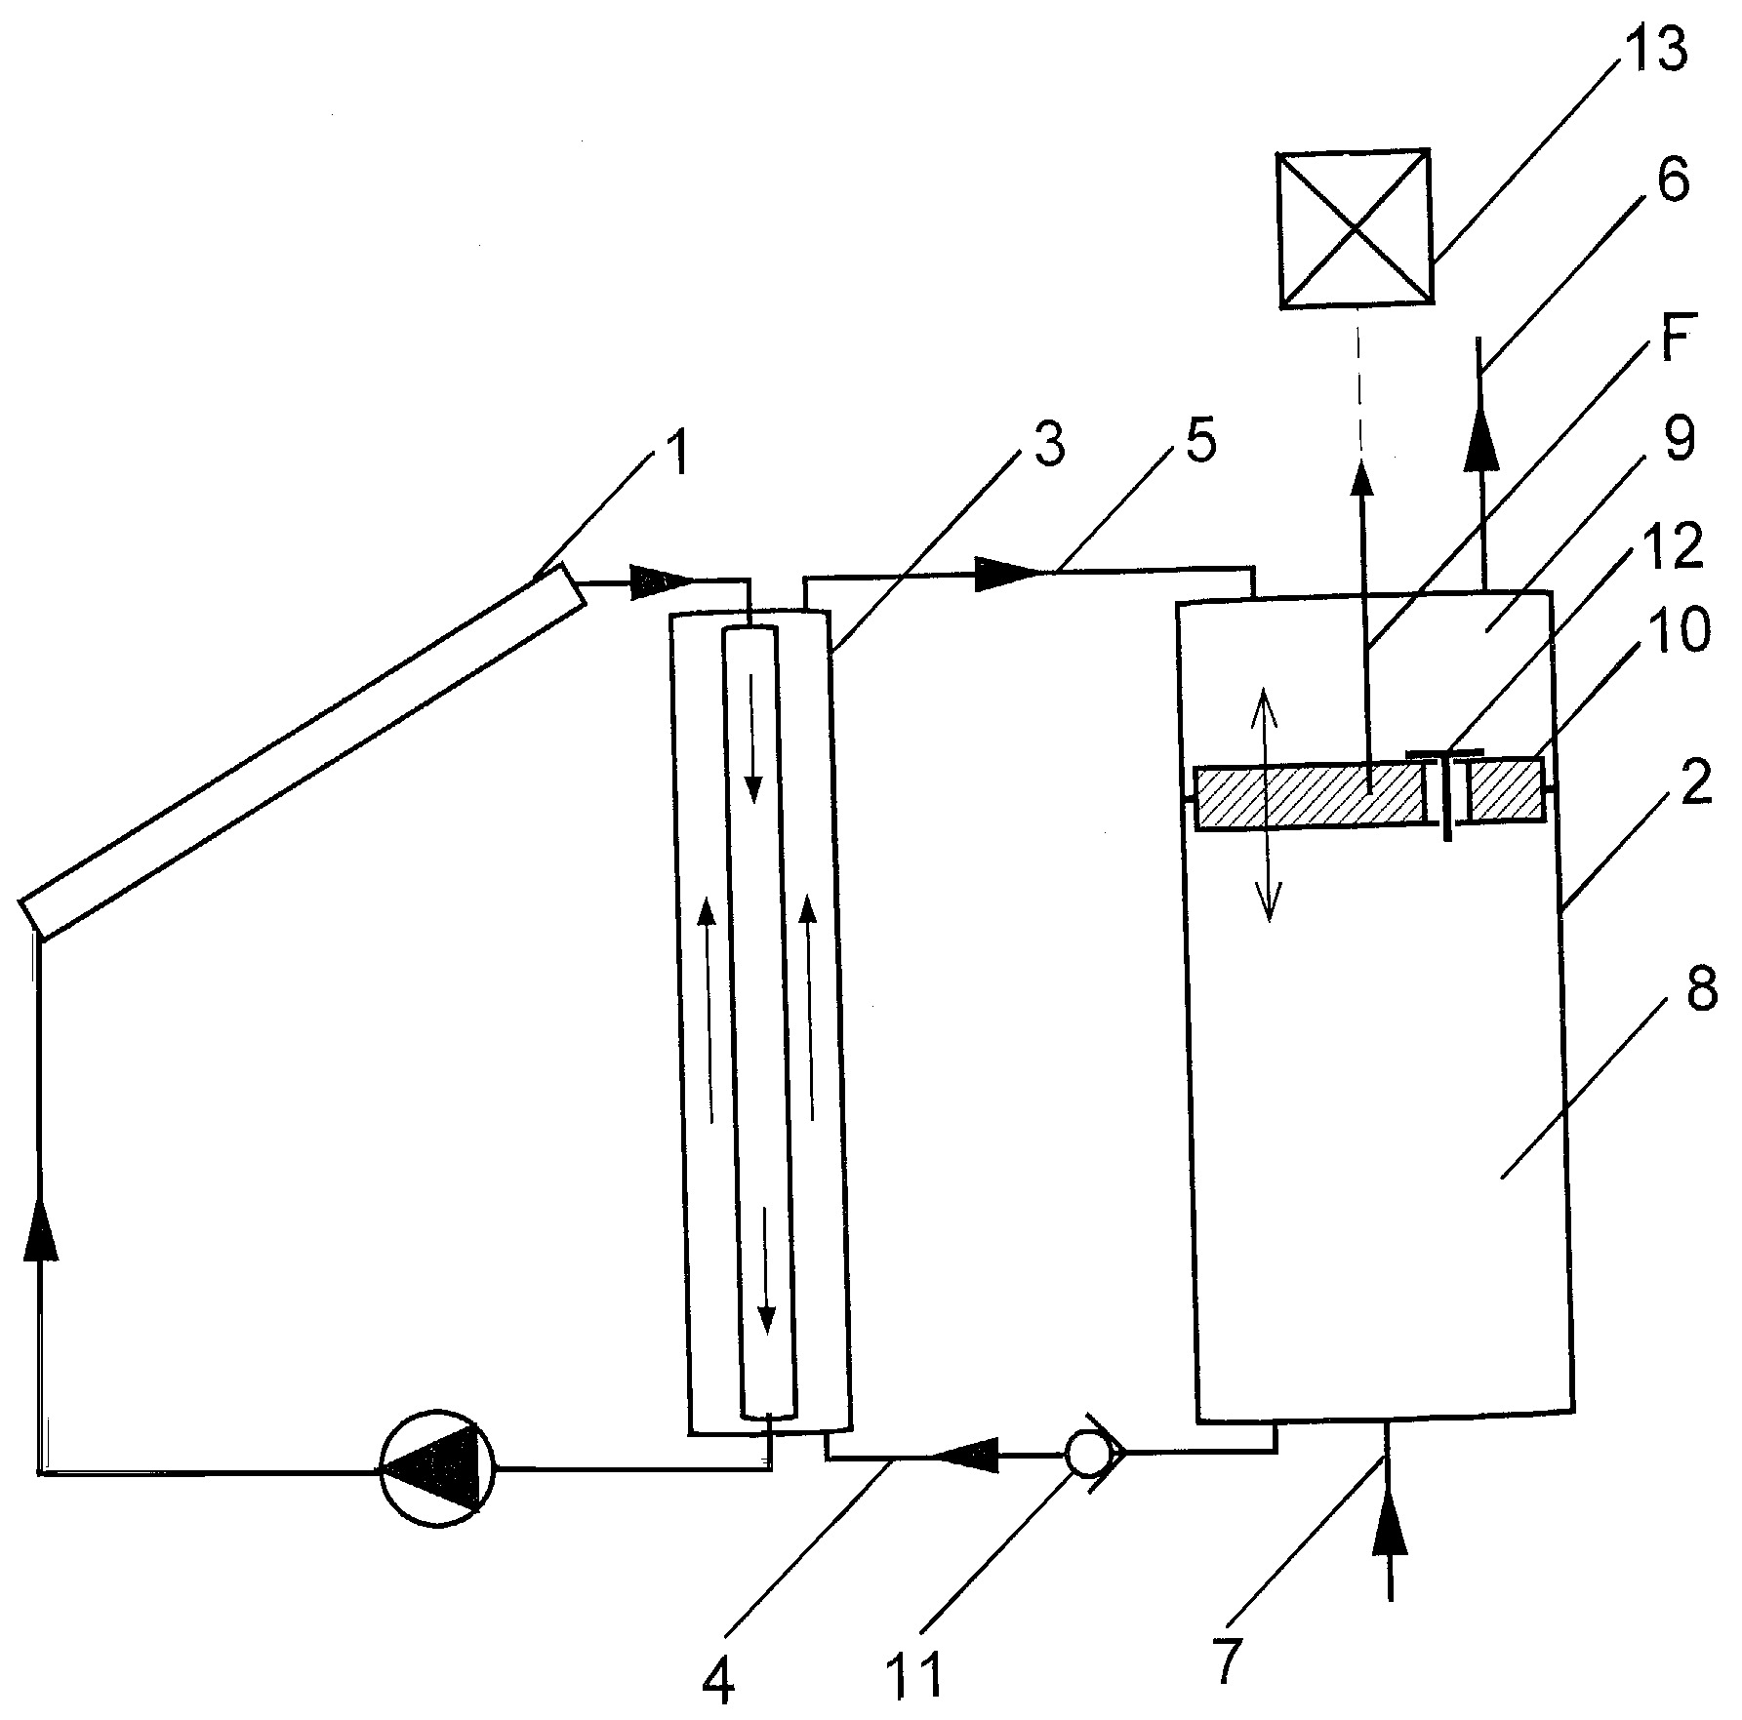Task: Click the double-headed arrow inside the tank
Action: pyautogui.click(x=1266, y=803)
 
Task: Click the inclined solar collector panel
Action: pyautogui.click(x=304, y=751)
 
